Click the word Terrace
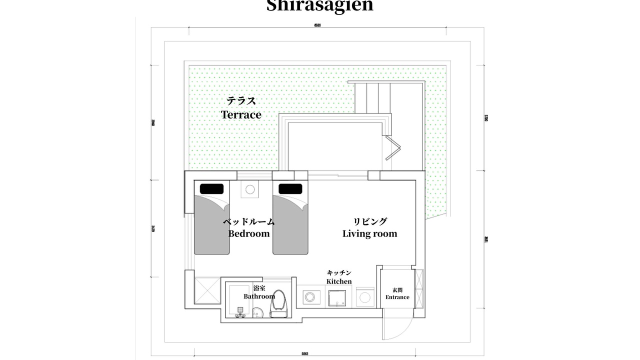[241, 114]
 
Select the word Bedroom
[249, 233]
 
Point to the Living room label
[369, 233]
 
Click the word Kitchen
[339, 281]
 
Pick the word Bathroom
[259, 296]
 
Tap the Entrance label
[397, 297]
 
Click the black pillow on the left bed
[211, 188]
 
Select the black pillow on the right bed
[290, 188]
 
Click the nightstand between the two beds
[250, 189]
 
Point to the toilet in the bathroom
[279, 302]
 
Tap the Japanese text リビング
[370, 221]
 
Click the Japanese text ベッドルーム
[248, 221]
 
